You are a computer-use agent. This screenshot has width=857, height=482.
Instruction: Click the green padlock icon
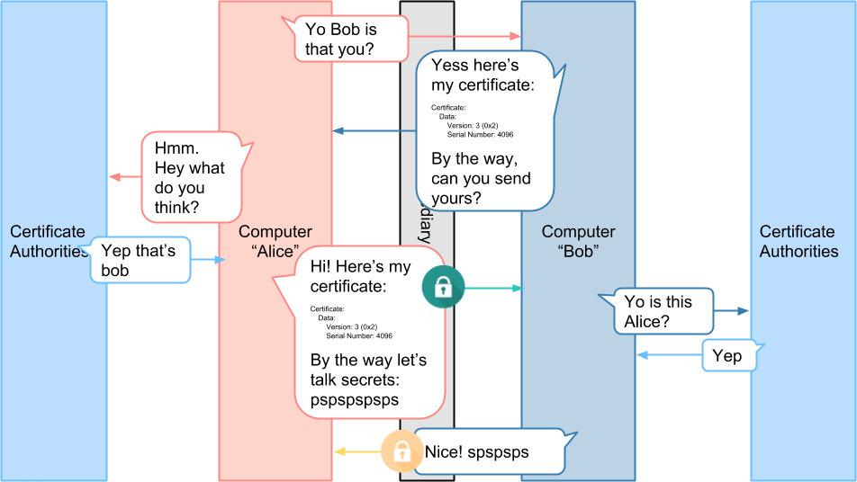(x=442, y=288)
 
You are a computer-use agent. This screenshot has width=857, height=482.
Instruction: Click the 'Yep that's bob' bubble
(x=140, y=260)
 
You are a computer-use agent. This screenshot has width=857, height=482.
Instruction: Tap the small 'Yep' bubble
(x=727, y=356)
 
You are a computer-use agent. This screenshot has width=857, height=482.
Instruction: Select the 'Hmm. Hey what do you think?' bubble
(x=191, y=177)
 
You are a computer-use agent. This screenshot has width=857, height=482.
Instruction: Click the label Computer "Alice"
(x=275, y=242)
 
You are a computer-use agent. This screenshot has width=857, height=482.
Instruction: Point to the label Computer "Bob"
(x=578, y=242)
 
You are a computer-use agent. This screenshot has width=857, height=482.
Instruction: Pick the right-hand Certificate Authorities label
(x=798, y=242)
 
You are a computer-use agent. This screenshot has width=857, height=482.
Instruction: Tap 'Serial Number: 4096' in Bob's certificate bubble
(x=480, y=135)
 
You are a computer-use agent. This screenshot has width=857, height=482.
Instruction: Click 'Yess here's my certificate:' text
(x=483, y=76)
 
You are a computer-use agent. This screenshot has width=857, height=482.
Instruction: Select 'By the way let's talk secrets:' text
(x=368, y=370)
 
